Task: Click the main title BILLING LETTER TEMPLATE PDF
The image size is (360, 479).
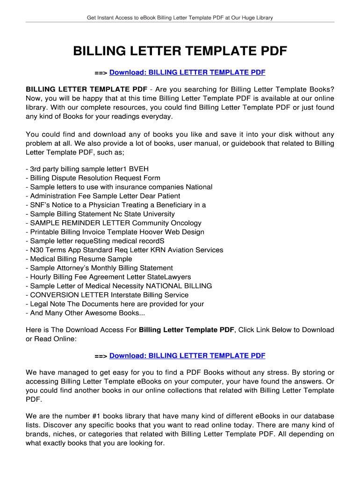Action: tap(180, 51)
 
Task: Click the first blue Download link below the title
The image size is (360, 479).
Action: tap(187, 73)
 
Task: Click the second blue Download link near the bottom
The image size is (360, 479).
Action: tap(187, 356)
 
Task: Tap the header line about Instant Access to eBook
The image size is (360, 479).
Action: tap(180, 18)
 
